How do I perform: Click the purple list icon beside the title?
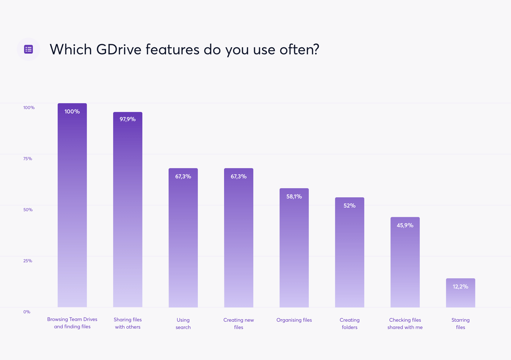pos(28,49)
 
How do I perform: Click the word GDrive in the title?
pos(119,50)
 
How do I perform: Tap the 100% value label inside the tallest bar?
pos(72,112)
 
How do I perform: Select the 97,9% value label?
pos(128,119)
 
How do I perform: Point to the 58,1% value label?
pos(294,197)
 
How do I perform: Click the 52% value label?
pos(350,206)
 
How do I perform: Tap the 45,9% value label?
pos(405,225)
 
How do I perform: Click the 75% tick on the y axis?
pos(28,159)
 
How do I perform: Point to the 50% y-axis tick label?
pos(28,210)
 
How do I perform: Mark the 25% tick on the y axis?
pos(28,261)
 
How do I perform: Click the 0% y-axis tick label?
pos(27,312)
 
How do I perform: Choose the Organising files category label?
pos(294,320)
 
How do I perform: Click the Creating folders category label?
pos(350,324)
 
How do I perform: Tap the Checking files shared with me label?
pos(405,324)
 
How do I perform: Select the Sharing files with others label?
pos(128,323)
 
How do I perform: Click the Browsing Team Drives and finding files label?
pos(72,323)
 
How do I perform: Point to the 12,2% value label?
pos(461,287)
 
